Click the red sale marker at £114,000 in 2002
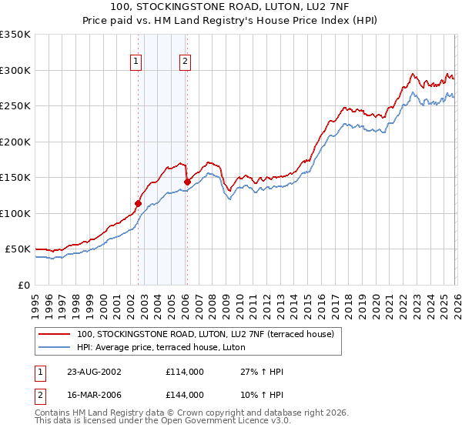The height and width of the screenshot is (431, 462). click(139, 204)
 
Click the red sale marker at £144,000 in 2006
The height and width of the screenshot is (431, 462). click(187, 182)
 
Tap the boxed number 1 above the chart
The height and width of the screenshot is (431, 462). click(136, 62)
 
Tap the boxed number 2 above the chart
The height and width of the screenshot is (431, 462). click(186, 62)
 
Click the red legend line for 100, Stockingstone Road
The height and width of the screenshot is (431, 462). click(55, 335)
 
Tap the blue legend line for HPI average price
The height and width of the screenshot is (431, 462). click(55, 348)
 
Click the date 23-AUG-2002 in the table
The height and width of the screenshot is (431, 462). click(94, 372)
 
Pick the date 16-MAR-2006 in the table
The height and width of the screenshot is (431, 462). click(94, 395)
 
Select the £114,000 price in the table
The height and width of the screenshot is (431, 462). click(184, 372)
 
